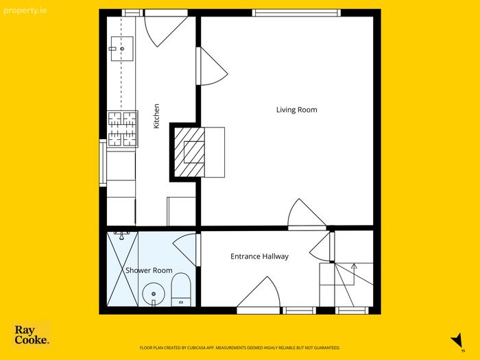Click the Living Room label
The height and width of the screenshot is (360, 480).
[297, 110]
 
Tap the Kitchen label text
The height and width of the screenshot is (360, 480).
[156, 116]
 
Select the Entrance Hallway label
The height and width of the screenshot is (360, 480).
[260, 256]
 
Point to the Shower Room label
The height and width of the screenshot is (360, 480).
[149, 270]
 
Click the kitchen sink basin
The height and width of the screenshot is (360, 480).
[122, 49]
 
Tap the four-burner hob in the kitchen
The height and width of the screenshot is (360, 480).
[123, 129]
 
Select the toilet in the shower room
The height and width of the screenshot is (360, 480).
[181, 289]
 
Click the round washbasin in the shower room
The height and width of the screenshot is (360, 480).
[154, 294]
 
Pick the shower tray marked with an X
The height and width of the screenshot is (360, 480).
[123, 269]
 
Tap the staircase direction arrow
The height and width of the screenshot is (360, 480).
[354, 265]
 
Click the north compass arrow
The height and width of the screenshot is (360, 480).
[457, 340]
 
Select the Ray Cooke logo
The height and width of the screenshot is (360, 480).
[32, 335]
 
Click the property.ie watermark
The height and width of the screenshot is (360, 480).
[25, 11]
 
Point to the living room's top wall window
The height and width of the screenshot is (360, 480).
[296, 13]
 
